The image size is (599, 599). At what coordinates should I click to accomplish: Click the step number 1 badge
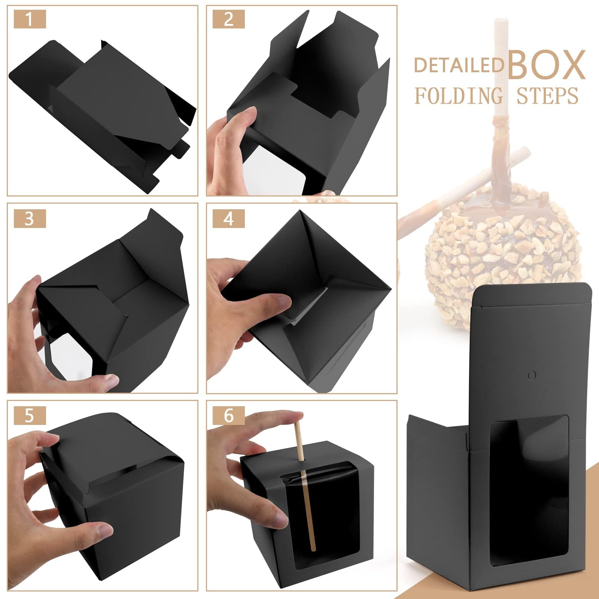pyautogui.click(x=30, y=19)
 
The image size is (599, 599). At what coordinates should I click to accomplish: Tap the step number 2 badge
pyautogui.click(x=228, y=19)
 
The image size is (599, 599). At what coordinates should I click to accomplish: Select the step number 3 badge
pyautogui.click(x=30, y=219)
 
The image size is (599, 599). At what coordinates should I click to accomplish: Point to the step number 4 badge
pyautogui.click(x=228, y=219)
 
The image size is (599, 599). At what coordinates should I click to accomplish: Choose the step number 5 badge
pyautogui.click(x=30, y=416)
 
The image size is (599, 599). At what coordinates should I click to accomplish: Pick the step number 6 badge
pyautogui.click(x=228, y=416)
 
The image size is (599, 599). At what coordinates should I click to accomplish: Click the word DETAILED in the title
pyautogui.click(x=459, y=65)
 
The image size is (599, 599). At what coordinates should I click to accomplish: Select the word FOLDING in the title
pyautogui.click(x=459, y=96)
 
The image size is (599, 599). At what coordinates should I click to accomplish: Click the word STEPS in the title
pyautogui.click(x=547, y=96)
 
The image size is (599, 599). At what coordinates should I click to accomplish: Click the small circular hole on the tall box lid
pyautogui.click(x=532, y=365)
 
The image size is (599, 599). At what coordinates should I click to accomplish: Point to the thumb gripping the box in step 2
pyautogui.click(x=241, y=120)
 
